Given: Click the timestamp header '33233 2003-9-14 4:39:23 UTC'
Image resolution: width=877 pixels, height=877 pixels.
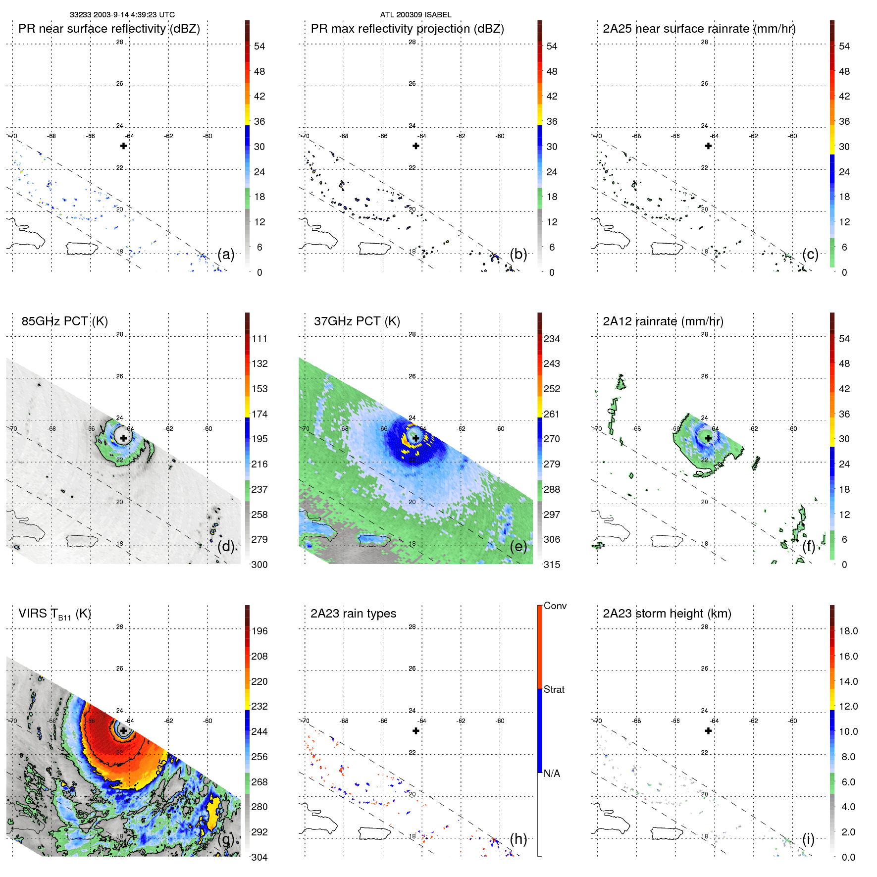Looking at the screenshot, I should coord(122,15).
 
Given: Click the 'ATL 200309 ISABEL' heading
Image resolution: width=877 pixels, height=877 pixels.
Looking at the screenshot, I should coord(415,15).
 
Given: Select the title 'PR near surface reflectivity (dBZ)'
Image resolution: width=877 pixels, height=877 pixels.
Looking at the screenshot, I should coord(109,29).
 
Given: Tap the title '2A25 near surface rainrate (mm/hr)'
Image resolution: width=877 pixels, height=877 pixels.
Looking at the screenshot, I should coord(699,29).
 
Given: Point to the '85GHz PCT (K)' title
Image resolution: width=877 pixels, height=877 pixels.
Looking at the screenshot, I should coord(64,321).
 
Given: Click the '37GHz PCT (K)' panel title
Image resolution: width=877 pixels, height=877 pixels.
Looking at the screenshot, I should coord(357,321).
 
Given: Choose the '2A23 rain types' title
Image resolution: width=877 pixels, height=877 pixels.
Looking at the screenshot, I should coord(353,614).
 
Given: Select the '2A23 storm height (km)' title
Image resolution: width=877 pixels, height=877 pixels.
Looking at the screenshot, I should coord(667,614).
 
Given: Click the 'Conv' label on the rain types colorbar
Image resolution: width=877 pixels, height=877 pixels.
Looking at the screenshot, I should coord(555,606).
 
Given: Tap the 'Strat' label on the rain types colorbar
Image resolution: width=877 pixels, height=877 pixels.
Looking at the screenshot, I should coord(554,689).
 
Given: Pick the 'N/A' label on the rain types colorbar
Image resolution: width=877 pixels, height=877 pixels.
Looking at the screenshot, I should coord(552,774).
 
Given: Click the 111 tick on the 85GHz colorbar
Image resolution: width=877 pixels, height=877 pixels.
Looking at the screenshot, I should coord(259,339).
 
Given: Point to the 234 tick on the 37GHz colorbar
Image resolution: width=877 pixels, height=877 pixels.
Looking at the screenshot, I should coord(552,339).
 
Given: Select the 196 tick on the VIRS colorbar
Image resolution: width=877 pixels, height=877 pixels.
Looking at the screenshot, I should coord(259,631).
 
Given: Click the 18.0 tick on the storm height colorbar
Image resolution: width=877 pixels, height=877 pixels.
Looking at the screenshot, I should coord(848,631).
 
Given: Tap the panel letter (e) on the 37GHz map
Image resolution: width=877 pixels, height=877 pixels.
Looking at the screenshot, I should coord(518,547).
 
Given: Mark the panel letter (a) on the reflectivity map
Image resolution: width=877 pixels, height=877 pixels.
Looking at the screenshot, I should coord(226,255).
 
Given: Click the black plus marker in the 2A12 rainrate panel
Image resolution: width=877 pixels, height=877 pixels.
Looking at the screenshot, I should coord(708,438).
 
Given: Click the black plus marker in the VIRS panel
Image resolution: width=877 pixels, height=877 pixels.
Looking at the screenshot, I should coord(123,730).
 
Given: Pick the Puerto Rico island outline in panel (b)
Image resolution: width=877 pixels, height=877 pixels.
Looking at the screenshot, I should coord(374,249).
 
